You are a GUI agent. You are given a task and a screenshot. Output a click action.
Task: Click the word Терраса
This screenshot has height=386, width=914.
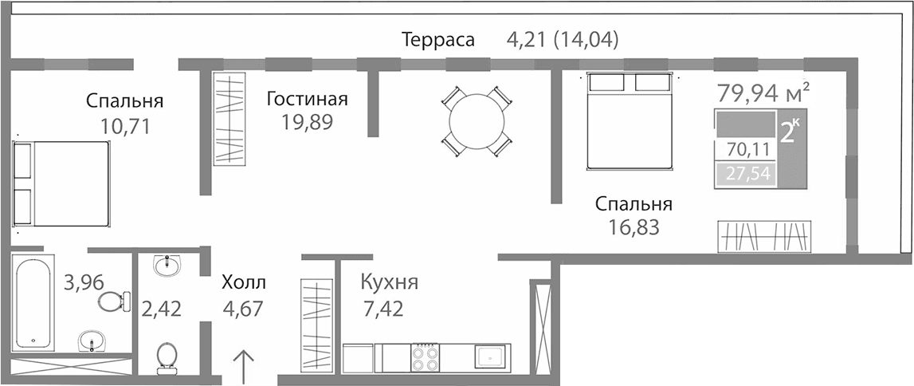(438, 39)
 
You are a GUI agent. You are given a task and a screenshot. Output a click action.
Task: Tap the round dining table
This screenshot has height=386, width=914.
(477, 121)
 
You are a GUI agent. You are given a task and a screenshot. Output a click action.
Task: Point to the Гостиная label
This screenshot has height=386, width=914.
(308, 99)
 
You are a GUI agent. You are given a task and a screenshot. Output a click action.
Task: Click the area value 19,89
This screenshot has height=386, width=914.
(308, 121)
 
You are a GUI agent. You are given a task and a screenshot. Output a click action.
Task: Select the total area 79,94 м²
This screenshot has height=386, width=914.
(763, 94)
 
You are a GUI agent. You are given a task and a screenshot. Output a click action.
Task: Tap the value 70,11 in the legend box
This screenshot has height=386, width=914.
(747, 149)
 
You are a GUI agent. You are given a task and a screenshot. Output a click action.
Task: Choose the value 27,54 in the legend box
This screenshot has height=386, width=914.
(747, 174)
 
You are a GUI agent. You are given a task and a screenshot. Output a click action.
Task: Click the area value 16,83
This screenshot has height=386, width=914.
(634, 228)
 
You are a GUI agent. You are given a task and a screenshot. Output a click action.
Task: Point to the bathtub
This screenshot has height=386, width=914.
(33, 302)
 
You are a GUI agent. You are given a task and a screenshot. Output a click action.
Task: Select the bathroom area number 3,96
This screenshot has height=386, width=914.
(82, 282)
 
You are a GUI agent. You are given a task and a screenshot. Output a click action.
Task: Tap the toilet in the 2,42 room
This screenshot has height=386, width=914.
(167, 356)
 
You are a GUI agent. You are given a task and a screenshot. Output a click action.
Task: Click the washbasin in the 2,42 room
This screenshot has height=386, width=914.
(167, 265)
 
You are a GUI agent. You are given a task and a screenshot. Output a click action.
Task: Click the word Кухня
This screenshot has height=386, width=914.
(389, 282)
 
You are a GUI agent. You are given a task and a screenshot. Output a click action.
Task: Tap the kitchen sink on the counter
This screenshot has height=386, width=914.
(488, 356)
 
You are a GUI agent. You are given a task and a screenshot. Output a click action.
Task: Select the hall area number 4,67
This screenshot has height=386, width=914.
(243, 308)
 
